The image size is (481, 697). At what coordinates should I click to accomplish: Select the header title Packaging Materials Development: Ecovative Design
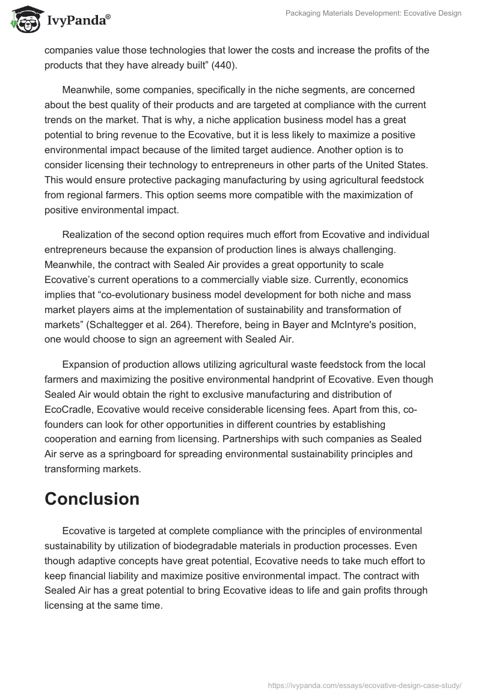click(x=373, y=13)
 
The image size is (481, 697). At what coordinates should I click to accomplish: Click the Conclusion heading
click(x=92, y=499)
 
